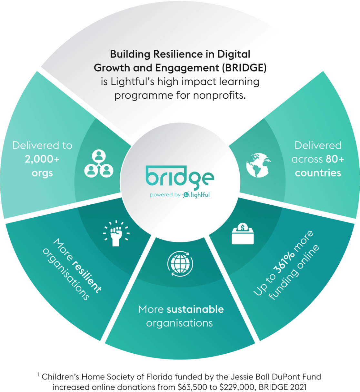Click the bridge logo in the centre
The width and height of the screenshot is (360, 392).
[180, 177]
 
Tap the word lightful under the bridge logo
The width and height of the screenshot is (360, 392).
[200, 195]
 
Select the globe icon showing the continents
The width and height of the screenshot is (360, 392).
[258, 165]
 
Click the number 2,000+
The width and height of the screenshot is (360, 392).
[42, 159]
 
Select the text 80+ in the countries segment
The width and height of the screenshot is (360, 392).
[335, 159]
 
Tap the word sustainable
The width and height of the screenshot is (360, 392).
[195, 309]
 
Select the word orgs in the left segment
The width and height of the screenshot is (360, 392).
[42, 173]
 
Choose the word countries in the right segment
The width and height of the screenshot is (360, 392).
[318, 173]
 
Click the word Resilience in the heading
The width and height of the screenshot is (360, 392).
[175, 54]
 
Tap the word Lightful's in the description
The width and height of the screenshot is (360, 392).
[132, 82]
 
